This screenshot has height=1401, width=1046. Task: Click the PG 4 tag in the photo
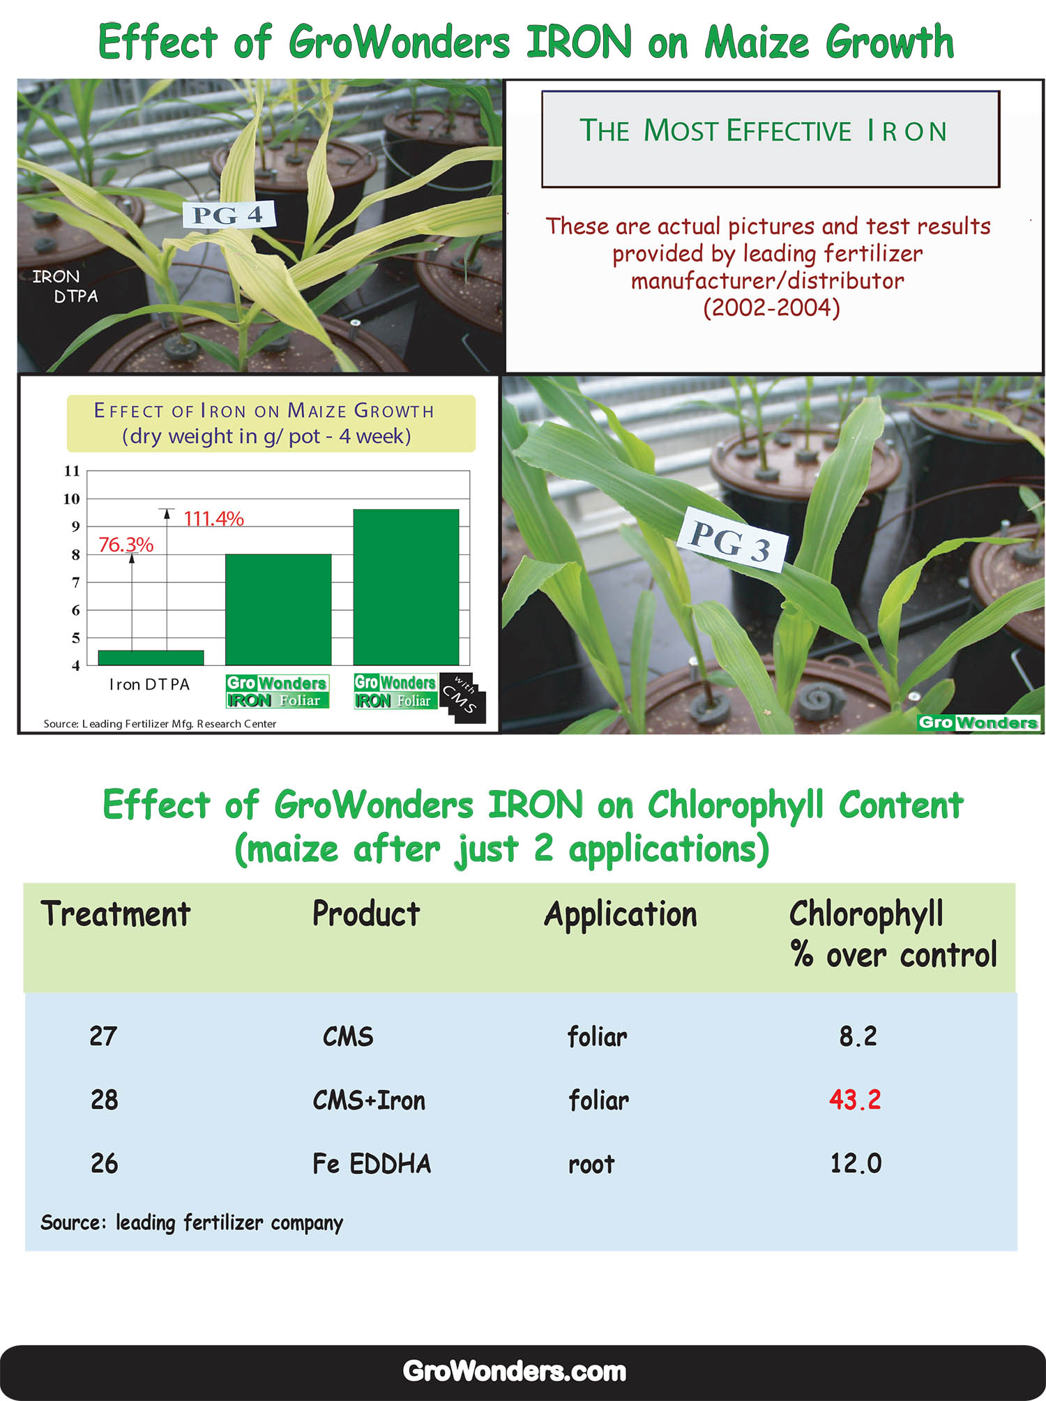pos(229,214)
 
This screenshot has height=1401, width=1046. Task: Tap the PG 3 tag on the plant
pos(733,540)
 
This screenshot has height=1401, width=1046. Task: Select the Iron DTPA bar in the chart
pos(151,658)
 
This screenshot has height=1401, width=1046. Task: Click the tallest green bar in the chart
pos(406,587)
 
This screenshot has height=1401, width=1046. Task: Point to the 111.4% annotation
pos(213,519)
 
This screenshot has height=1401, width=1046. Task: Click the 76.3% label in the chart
pos(126,545)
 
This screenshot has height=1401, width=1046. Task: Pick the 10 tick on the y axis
pos(71,499)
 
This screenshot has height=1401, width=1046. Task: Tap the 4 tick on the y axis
pos(75,666)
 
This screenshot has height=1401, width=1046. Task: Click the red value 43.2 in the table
pos(855,1100)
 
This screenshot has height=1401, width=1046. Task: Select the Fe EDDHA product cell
pos(372,1163)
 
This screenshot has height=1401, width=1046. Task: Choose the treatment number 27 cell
pos(103,1036)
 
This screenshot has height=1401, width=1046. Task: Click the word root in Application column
pos(591,1165)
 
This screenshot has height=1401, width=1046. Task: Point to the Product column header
pos(366,914)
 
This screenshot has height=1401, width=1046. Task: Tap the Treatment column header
pos(116,914)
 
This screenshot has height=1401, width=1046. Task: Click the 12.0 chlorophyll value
pos(856,1163)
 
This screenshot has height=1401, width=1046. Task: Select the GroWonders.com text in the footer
pos(515,1371)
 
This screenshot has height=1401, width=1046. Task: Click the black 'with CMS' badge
pos(462,697)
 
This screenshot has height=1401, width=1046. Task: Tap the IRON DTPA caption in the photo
pos(66,286)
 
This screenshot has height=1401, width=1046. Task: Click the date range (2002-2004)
pos(771,308)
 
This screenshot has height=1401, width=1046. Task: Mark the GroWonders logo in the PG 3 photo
pos(978,722)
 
